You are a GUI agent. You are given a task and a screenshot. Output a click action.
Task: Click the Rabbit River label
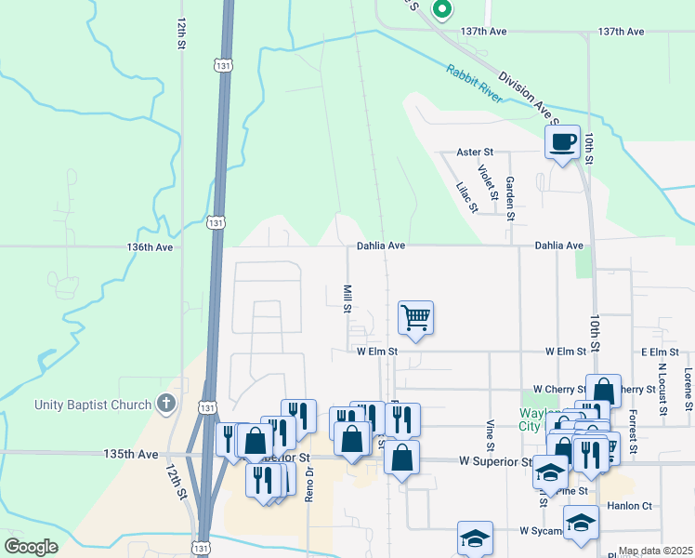click(474, 84)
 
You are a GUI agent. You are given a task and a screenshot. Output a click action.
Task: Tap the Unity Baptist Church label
click(92, 405)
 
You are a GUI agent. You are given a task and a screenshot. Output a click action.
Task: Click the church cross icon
click(165, 404)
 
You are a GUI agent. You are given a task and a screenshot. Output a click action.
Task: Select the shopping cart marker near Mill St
click(415, 318)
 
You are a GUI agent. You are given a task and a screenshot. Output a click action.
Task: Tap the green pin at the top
click(442, 10)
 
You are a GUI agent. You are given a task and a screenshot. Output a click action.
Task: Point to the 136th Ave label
click(151, 247)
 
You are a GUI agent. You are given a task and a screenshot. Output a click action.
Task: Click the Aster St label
click(475, 152)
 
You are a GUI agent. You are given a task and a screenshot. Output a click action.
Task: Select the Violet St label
click(486, 181)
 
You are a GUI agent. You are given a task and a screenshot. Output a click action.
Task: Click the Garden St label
click(509, 196)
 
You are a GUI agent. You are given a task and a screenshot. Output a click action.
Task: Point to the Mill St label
click(347, 299)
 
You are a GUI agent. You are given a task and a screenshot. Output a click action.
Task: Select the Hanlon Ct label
click(631, 506)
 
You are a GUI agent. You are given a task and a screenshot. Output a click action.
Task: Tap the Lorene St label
click(688, 391)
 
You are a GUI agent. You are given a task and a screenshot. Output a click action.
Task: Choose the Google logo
click(32, 546)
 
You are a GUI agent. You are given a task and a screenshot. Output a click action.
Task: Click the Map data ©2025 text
click(654, 551)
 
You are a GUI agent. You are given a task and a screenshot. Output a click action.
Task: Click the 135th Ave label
click(130, 455)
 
